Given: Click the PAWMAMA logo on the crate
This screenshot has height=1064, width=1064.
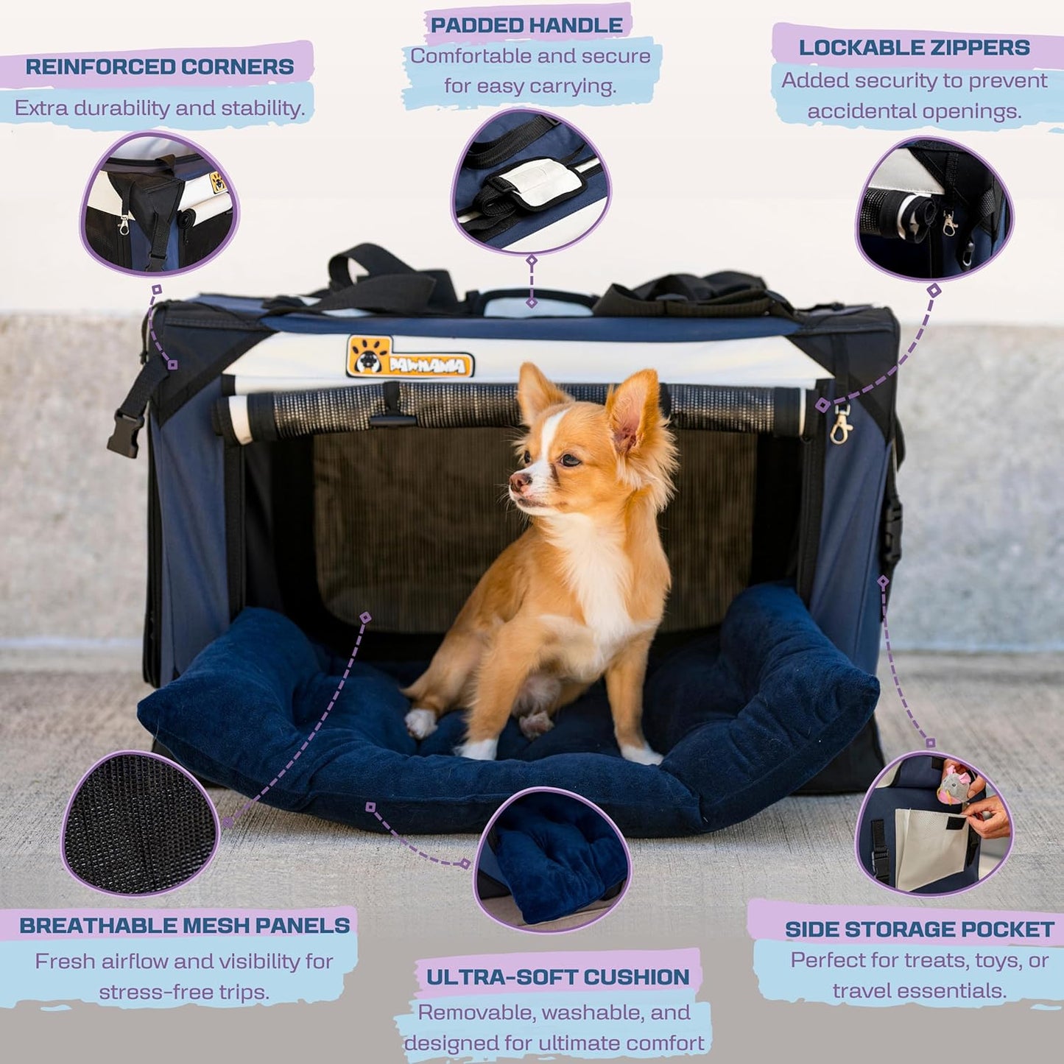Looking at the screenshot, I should [409, 357].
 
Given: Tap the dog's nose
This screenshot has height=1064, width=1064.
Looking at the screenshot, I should [519, 482].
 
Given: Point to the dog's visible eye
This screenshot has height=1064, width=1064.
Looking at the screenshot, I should [568, 460].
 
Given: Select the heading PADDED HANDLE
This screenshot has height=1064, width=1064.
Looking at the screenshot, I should [526, 25].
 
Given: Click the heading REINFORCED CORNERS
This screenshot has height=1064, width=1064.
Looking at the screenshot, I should [160, 66].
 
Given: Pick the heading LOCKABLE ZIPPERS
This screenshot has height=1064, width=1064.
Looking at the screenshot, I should [914, 48].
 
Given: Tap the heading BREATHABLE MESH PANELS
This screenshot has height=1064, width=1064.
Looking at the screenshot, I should [184, 926].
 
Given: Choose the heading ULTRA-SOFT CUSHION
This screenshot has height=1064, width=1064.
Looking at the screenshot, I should [557, 977].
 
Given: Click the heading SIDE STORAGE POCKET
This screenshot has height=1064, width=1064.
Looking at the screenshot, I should [919, 929].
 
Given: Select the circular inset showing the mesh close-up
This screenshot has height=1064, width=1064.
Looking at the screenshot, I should [140, 823].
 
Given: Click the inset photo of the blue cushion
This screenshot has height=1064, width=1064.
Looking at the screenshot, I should [552, 858].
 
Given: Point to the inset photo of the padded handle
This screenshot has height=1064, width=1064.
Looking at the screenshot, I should [530, 180].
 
